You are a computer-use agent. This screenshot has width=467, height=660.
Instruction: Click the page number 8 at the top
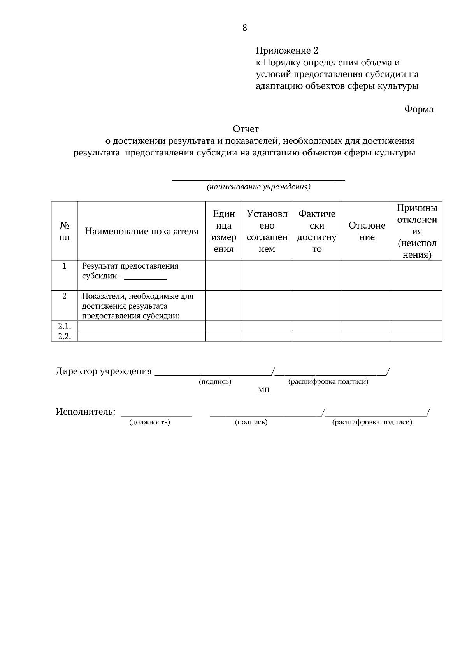click(244, 28)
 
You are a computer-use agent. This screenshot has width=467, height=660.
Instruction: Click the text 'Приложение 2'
click(287, 51)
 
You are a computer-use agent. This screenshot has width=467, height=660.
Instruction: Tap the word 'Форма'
click(419, 109)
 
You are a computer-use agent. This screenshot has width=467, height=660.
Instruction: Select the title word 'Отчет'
click(246, 129)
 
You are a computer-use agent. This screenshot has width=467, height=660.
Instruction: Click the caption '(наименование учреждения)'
click(258, 187)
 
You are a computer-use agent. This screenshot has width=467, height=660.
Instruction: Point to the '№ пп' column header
click(65, 231)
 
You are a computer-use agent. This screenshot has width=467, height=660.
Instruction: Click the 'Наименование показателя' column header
click(142, 232)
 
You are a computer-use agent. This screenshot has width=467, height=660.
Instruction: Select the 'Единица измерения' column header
click(224, 231)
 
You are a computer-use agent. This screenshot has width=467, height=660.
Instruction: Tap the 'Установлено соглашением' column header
click(267, 231)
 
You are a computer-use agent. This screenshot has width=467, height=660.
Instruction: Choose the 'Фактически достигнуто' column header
click(317, 231)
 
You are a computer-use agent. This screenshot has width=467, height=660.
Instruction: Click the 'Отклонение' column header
click(367, 231)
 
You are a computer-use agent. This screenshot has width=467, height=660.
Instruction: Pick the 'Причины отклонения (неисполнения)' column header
click(417, 231)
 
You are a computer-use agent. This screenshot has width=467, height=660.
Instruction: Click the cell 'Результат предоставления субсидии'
click(130, 271)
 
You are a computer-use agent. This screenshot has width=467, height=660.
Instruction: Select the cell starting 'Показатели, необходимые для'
click(137, 306)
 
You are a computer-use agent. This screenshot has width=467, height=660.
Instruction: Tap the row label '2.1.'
click(65, 326)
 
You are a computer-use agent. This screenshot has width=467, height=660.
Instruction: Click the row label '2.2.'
click(65, 336)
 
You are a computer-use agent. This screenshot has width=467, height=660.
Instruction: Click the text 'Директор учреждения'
click(104, 371)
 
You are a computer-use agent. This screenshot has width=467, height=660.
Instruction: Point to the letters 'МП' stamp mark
click(263, 390)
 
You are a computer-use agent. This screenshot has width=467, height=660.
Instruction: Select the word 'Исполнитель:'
click(86, 411)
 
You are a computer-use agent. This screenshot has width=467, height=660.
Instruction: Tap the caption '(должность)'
click(149, 422)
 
